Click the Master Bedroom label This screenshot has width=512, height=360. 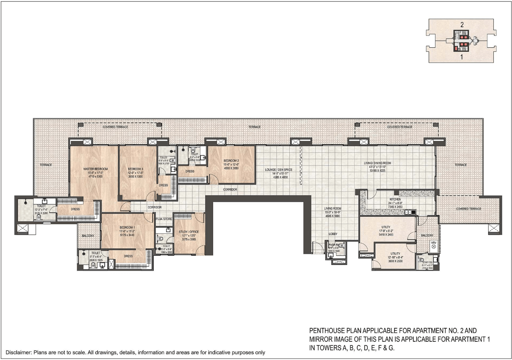pos(96,169)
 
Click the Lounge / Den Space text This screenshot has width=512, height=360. pos(279,169)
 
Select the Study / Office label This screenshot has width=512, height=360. pos(189,232)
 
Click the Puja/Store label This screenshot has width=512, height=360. pos(164,219)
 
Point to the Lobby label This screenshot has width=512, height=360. pos(333,234)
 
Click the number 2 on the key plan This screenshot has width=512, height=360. pos(462,25)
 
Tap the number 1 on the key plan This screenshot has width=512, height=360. pos(462,57)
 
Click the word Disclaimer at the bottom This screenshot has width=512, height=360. pos(18,352)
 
